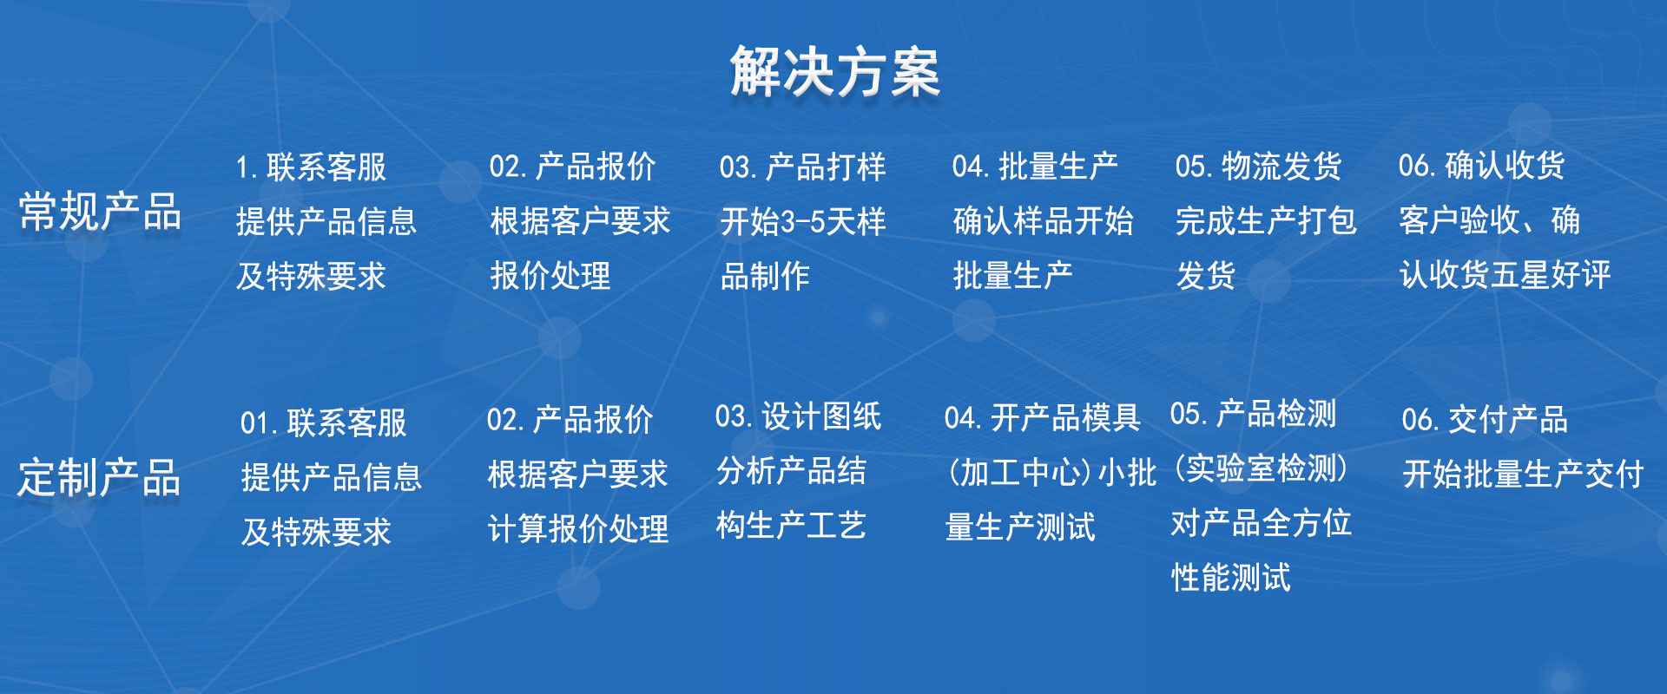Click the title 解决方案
(834, 71)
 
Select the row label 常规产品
(99, 212)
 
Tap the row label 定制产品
(98, 477)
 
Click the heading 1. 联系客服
(311, 167)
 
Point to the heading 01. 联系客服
(324, 423)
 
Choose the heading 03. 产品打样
(802, 167)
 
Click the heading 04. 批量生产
(1035, 166)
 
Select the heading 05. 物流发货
(1258, 166)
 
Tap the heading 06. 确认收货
(1481, 165)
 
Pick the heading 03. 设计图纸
(798, 416)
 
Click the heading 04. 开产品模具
(1042, 418)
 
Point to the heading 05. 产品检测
(1253, 414)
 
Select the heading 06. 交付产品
(1485, 420)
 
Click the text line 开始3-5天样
(803, 222)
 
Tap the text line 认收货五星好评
(1505, 275)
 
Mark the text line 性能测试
(1230, 577)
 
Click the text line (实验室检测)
(1261, 468)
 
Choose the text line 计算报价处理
(578, 529)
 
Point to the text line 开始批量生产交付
(1523, 475)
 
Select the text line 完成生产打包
(1266, 220)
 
